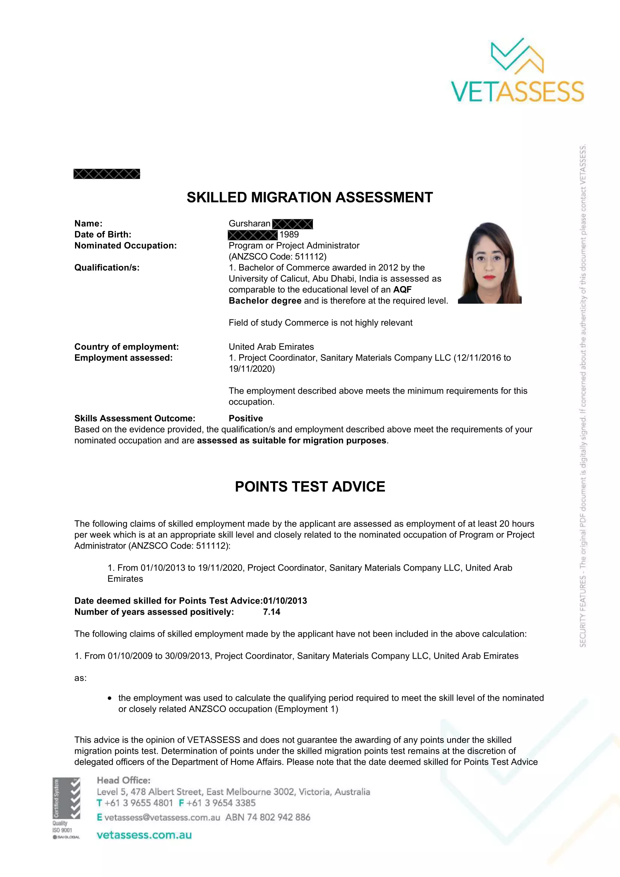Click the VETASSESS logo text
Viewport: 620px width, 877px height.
click(x=517, y=91)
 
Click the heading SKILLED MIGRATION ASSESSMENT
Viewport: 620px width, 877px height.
click(x=309, y=198)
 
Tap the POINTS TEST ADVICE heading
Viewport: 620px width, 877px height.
click(x=310, y=487)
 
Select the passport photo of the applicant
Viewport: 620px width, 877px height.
click(x=489, y=263)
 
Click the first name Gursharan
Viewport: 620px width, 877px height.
click(x=249, y=223)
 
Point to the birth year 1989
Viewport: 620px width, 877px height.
click(x=289, y=234)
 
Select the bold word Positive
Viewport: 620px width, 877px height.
click(x=246, y=418)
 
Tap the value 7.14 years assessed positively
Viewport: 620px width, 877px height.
click(x=272, y=612)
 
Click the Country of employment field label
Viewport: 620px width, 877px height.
click(x=126, y=347)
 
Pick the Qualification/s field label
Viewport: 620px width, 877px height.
click(x=107, y=268)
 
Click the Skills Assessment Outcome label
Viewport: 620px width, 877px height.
click(x=135, y=418)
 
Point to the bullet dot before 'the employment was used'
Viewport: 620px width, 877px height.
click(x=110, y=698)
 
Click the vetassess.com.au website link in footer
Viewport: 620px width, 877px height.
click(x=144, y=835)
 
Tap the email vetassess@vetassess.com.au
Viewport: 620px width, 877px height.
click(x=162, y=817)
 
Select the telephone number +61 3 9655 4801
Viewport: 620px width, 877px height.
click(x=139, y=803)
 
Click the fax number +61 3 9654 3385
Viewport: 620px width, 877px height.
click(x=221, y=803)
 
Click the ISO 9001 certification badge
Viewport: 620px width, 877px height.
click(x=66, y=808)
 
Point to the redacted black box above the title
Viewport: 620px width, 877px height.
click(x=107, y=174)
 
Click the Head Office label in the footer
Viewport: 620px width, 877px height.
click(x=123, y=780)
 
